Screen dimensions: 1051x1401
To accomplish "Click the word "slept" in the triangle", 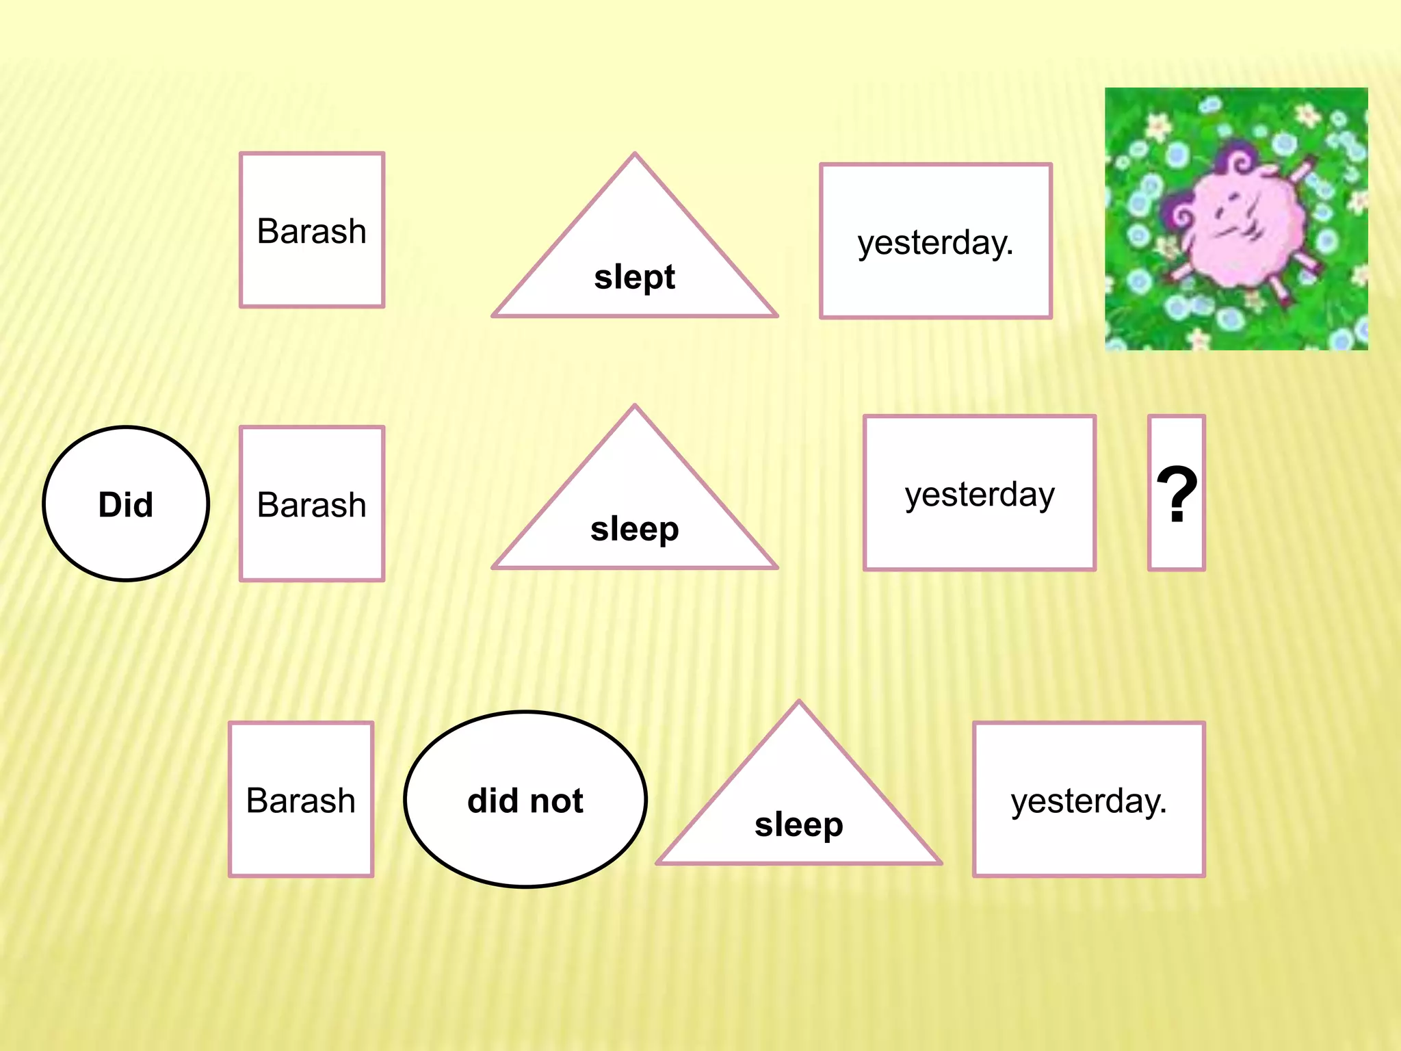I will (x=634, y=277).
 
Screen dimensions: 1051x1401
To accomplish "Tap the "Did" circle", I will (x=126, y=504).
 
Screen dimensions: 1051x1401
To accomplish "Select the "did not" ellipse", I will (x=525, y=800).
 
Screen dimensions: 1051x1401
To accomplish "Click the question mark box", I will (x=1177, y=493).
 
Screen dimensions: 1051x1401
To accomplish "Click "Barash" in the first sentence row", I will (x=312, y=231).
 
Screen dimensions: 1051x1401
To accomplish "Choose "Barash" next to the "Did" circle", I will (x=312, y=504).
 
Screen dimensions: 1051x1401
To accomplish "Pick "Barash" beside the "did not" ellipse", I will (x=301, y=800).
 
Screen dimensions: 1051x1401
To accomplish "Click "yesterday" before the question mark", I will (x=979, y=493).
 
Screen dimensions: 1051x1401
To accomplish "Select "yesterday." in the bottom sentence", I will (x=1088, y=800).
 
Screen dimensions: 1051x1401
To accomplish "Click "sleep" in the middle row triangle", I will (x=634, y=529).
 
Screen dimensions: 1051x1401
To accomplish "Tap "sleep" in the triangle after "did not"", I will (x=798, y=825).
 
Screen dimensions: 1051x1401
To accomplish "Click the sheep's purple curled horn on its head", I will (x=1235, y=161).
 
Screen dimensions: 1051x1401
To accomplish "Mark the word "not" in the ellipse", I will (x=557, y=800).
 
